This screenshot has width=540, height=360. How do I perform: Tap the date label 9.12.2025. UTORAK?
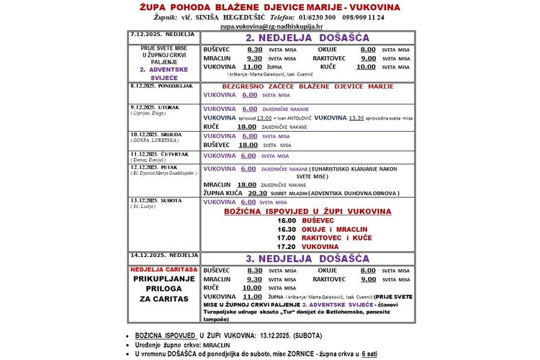[154, 107]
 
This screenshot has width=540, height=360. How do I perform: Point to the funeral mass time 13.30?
[356, 117]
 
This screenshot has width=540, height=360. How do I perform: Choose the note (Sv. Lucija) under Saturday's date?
[145, 206]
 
